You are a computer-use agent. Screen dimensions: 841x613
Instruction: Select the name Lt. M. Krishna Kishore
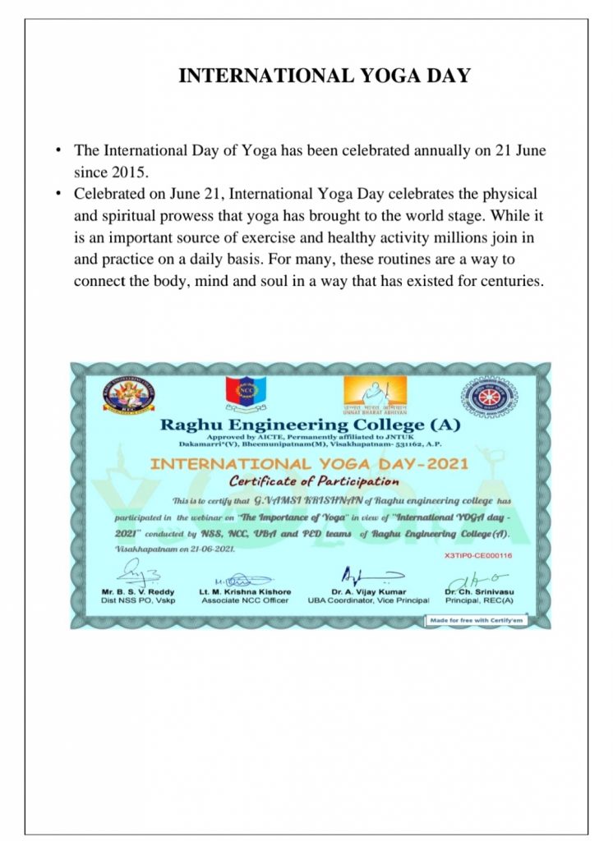pos(245,591)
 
